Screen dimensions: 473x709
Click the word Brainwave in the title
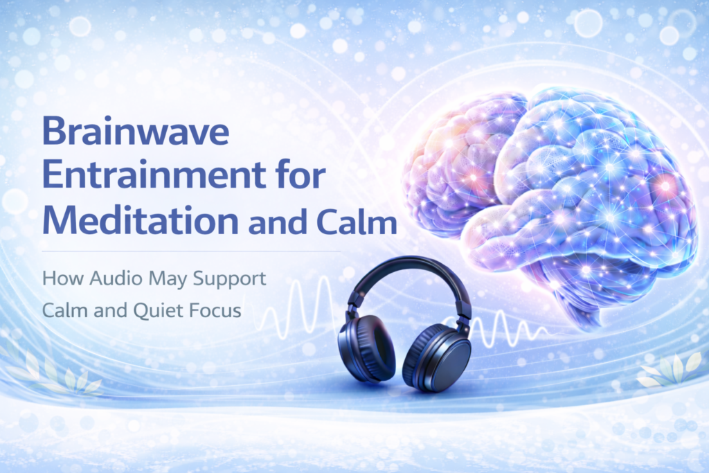pyautogui.click(x=135, y=132)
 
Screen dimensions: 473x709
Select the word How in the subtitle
pyautogui.click(x=58, y=280)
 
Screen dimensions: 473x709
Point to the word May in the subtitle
pyautogui.click(x=163, y=281)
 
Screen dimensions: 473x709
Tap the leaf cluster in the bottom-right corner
pyautogui.click(x=668, y=371)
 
